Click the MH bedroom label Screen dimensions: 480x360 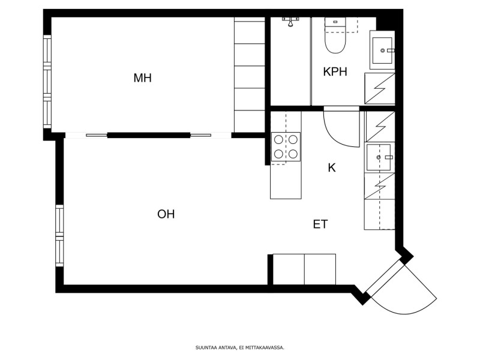pos(143,78)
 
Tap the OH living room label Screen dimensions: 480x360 pos(166,214)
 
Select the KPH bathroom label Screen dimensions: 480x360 pos(335,71)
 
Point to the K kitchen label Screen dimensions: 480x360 pos(332,168)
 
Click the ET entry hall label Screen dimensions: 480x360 pos(320,224)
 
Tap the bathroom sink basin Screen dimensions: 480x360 pos(382,50)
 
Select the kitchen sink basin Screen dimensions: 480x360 pos(379,157)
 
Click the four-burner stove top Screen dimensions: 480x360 pos(286,146)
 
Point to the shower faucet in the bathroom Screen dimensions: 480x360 pos(290,22)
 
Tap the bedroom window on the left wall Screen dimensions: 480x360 pos(47,82)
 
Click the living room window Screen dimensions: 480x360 pos(59,235)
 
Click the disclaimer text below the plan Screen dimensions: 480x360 pos(240,347)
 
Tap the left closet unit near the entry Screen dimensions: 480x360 pos(289,269)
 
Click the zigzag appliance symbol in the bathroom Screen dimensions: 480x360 pos(380,89)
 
